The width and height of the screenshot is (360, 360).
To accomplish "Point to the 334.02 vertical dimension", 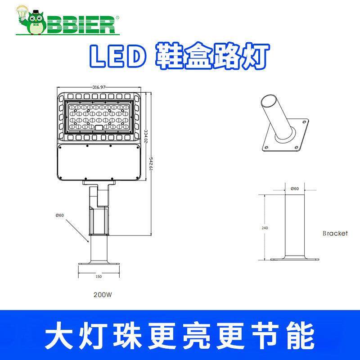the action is [146, 135].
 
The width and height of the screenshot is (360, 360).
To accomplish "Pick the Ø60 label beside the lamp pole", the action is [60, 215].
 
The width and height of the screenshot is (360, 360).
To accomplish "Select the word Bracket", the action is [335, 234].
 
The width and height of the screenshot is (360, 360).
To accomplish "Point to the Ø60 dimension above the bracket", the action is [295, 188].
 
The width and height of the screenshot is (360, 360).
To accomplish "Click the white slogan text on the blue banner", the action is [180, 334].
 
